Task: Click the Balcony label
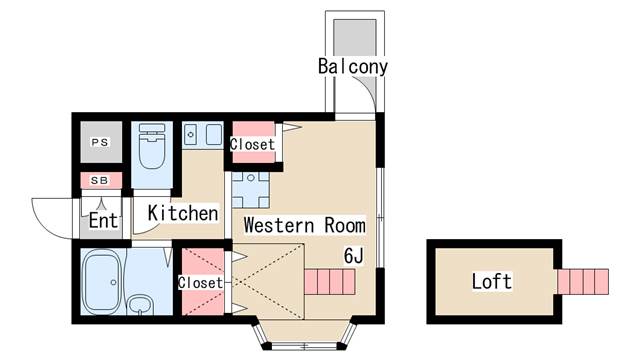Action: pyautogui.click(x=353, y=67)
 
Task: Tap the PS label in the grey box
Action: pyautogui.click(x=100, y=142)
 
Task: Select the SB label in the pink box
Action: pyautogui.click(x=100, y=180)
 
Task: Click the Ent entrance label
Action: pyautogui.click(x=104, y=221)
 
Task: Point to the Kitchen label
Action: pyautogui.click(x=183, y=213)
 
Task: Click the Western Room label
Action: pyautogui.click(x=304, y=225)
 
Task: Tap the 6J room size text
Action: pyautogui.click(x=353, y=256)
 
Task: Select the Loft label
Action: pyautogui.click(x=492, y=281)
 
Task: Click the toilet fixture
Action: pyautogui.click(x=152, y=146)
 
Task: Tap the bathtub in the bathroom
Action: pyautogui.click(x=101, y=281)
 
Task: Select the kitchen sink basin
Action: pyautogui.click(x=213, y=134)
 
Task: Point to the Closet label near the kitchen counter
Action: pyautogui.click(x=252, y=144)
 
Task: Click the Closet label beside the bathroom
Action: pyautogui.click(x=200, y=282)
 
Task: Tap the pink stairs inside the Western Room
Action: pyautogui.click(x=330, y=282)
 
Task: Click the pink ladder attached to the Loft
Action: pyautogui.click(x=583, y=281)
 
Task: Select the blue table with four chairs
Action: pyautogui.click(x=250, y=190)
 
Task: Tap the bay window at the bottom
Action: pyautogui.click(x=304, y=334)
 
